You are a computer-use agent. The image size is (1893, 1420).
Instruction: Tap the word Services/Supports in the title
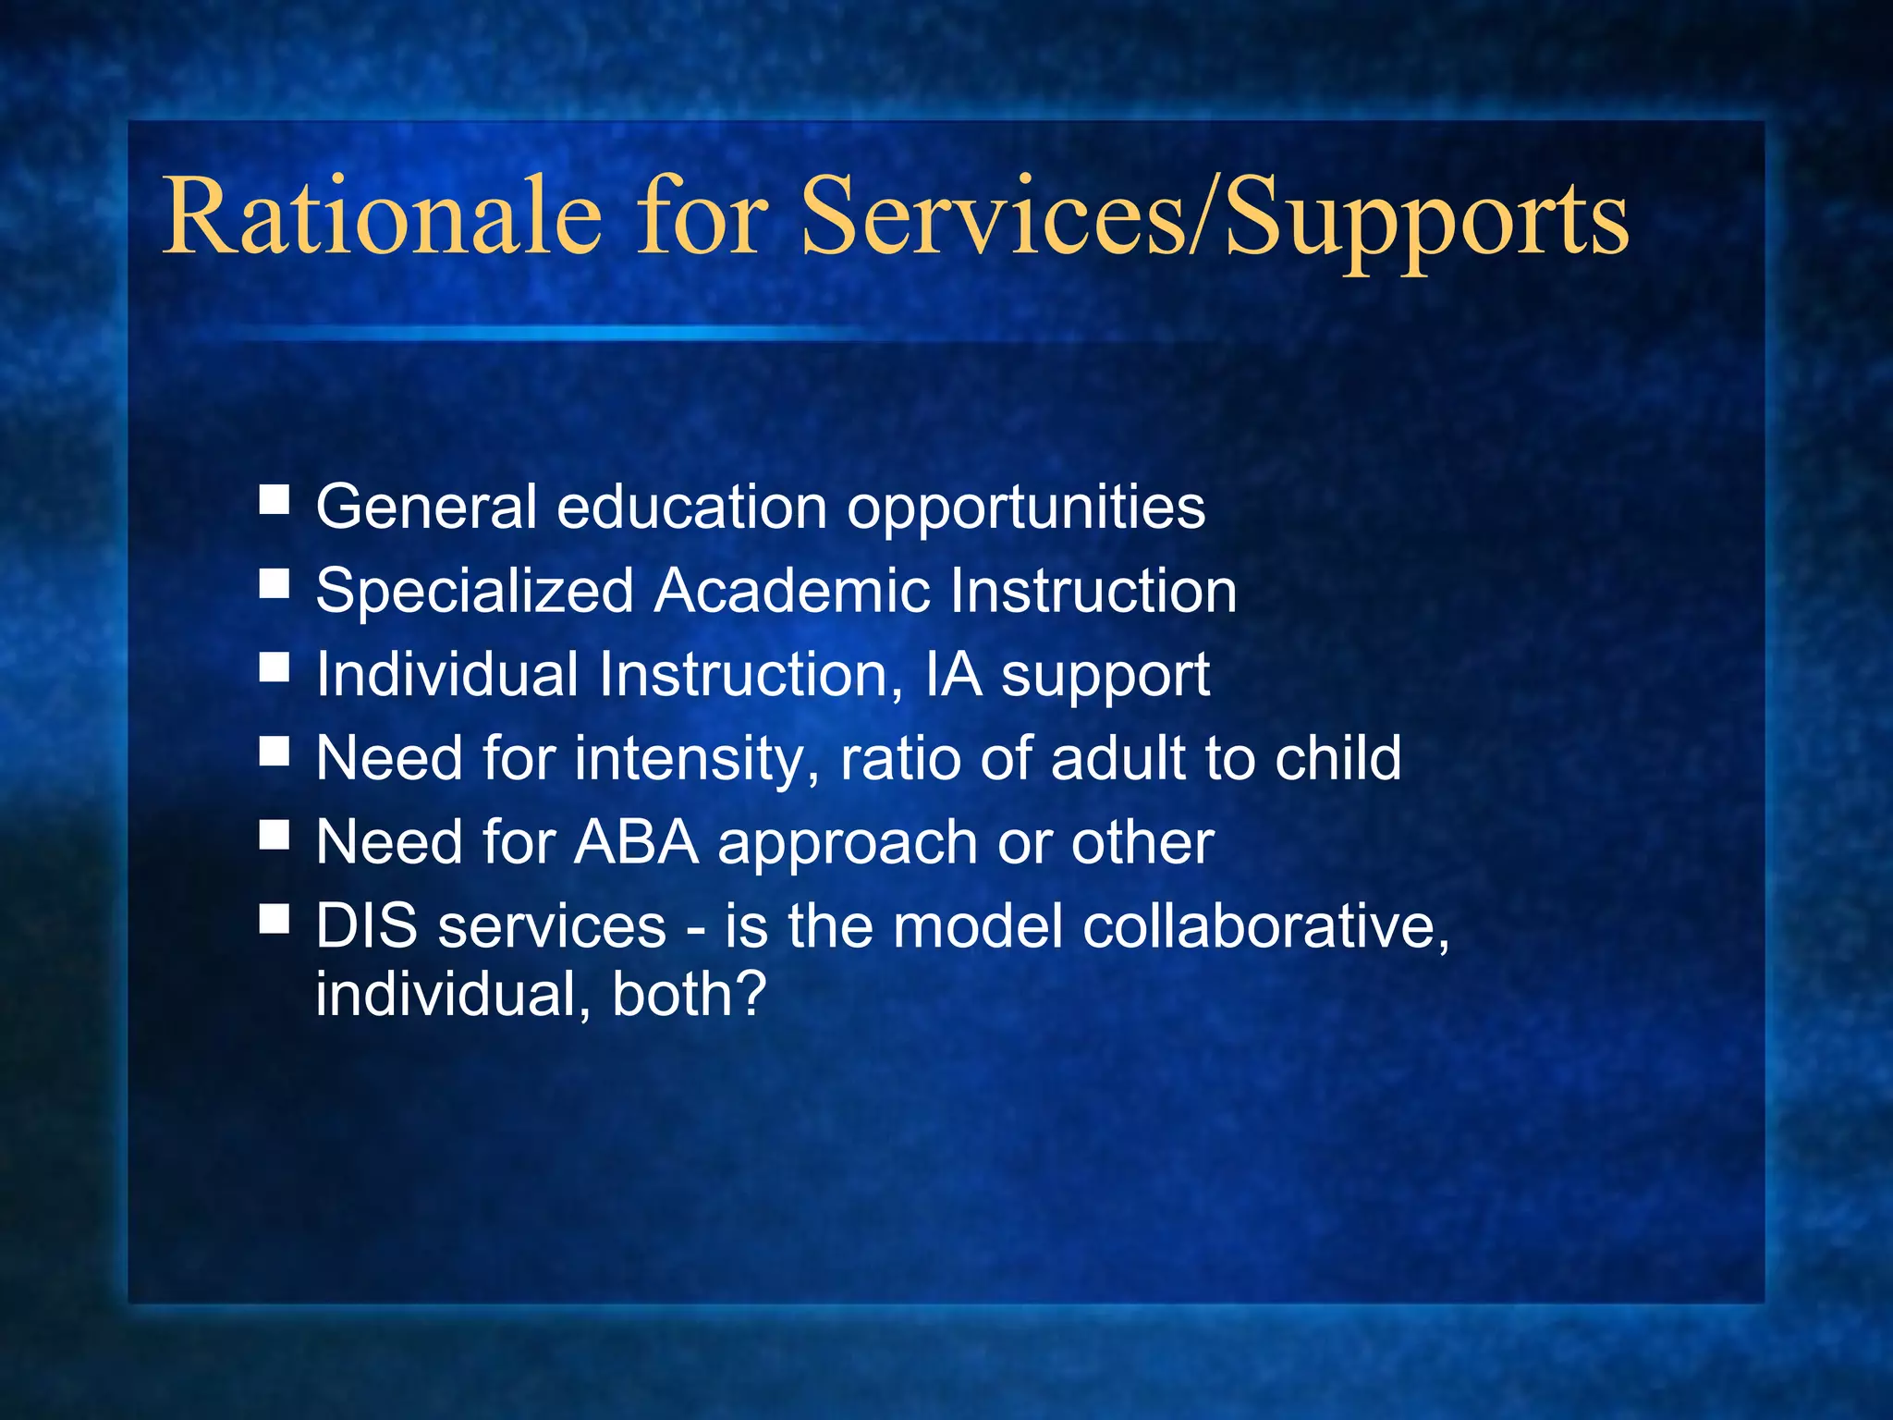1214,219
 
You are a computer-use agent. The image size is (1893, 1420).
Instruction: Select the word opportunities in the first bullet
1026,508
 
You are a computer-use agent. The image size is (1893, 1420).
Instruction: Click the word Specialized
474,591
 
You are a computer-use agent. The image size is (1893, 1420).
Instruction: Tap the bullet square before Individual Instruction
274,667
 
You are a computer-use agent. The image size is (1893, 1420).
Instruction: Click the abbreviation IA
953,674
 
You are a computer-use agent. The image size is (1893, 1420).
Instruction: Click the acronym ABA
636,842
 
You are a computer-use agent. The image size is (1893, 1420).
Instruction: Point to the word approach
848,844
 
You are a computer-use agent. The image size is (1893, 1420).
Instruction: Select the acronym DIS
366,926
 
